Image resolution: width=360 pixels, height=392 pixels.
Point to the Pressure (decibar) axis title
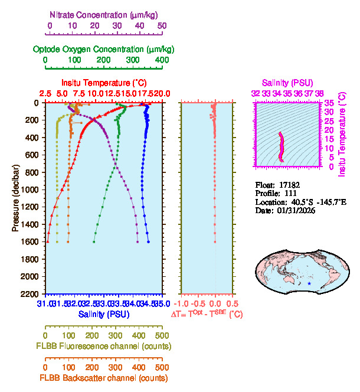pyautogui.click(x=15, y=198)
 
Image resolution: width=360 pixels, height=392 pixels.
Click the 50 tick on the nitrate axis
pyautogui.click(x=162, y=26)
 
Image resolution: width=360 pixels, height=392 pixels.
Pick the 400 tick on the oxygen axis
pyautogui.click(x=162, y=60)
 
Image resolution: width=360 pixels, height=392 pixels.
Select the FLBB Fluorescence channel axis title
pyautogui.click(x=104, y=346)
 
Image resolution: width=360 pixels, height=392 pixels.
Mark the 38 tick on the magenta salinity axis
pyautogui.click(x=319, y=93)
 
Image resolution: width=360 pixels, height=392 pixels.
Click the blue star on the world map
pyautogui.click(x=309, y=284)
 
